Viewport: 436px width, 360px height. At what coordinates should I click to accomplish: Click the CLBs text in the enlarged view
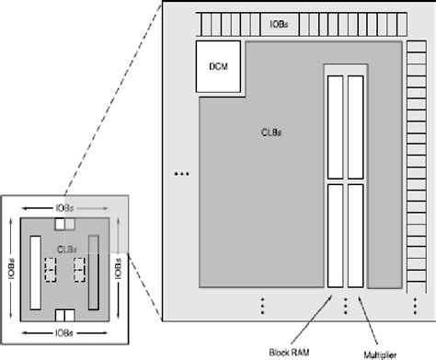tap(271, 132)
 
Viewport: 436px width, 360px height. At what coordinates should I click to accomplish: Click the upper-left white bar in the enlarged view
tap(335, 126)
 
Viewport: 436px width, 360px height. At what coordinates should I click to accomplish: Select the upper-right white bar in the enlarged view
tap(355, 126)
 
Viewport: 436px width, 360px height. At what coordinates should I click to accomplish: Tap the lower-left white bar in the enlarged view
tap(335, 236)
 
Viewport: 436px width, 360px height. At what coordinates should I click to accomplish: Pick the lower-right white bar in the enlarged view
tap(355, 236)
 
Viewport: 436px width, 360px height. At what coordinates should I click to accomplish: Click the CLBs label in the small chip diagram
tap(64, 249)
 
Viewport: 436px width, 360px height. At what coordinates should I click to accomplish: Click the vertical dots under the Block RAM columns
tap(345, 305)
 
